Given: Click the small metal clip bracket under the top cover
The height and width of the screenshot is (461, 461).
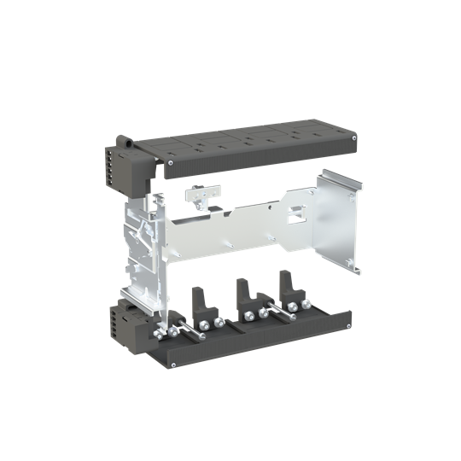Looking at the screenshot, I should point(199,195).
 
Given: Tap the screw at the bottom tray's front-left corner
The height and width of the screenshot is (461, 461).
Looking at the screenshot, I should point(174,365).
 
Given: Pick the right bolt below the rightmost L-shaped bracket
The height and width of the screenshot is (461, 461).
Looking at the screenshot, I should point(304,304).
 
